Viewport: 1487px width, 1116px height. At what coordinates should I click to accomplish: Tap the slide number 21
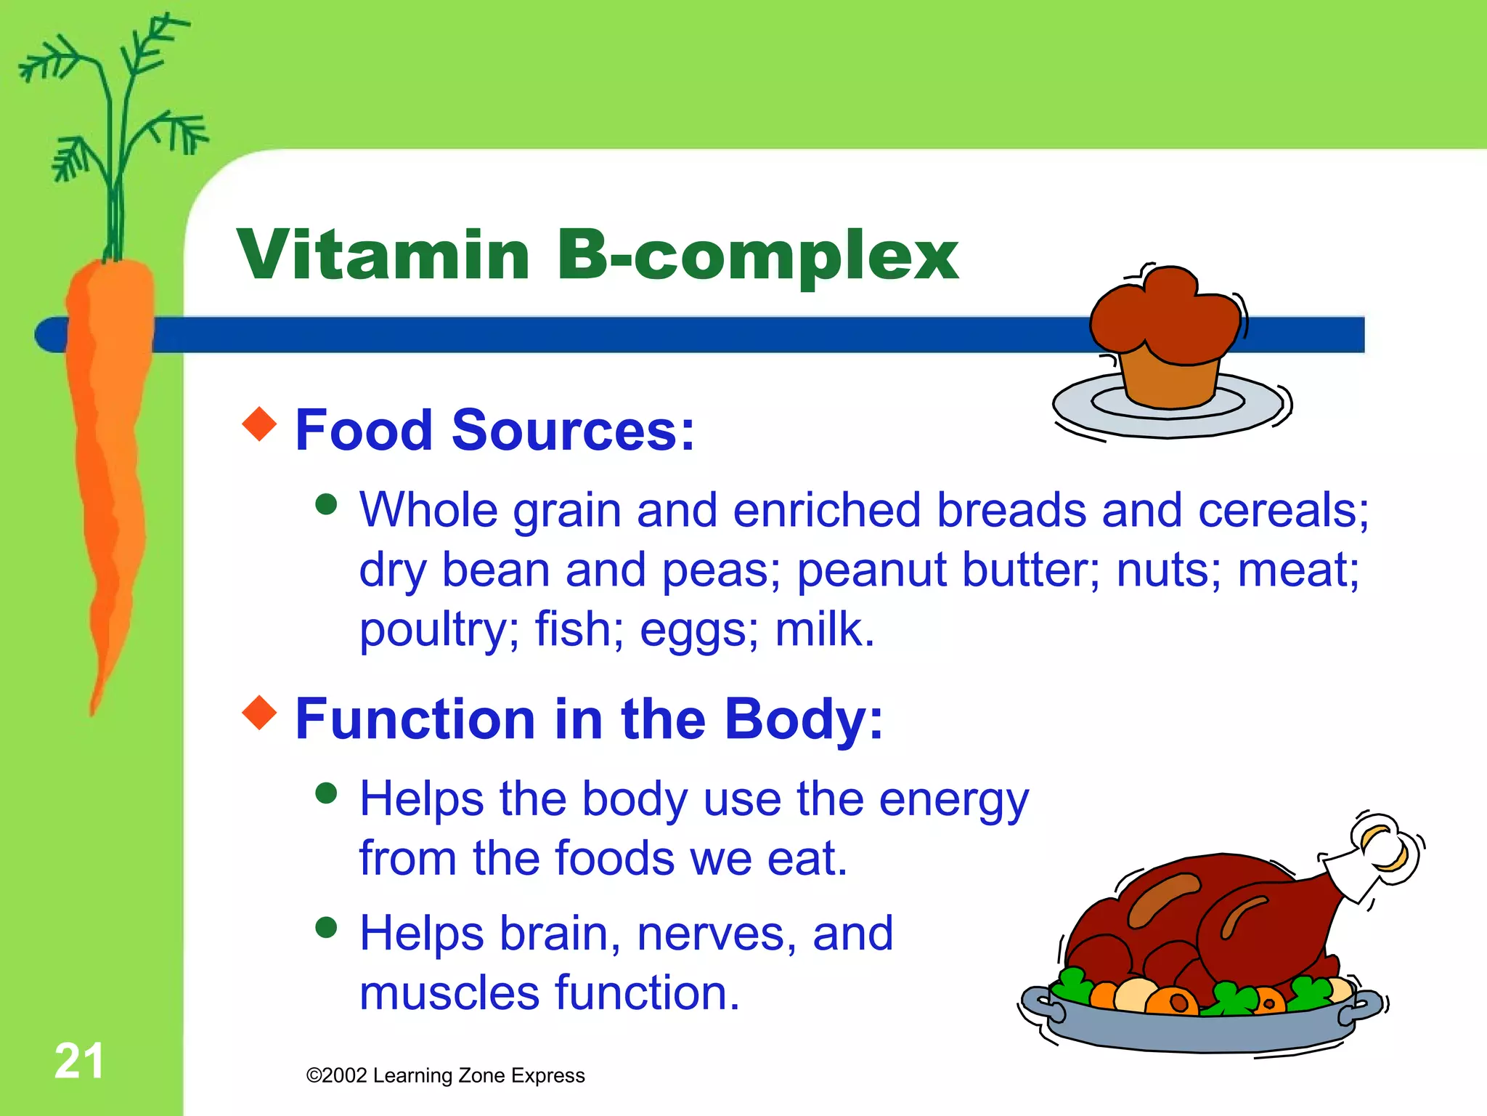tap(78, 1061)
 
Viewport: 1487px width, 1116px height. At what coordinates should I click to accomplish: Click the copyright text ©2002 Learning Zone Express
tap(445, 1075)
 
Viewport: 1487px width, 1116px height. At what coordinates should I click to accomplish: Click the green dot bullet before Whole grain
tap(327, 504)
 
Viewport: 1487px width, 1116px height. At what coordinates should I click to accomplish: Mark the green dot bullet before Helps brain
tap(327, 928)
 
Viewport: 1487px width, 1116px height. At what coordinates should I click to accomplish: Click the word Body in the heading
tap(802, 719)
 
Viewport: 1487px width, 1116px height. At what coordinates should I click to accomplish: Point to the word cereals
tap(1282, 510)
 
